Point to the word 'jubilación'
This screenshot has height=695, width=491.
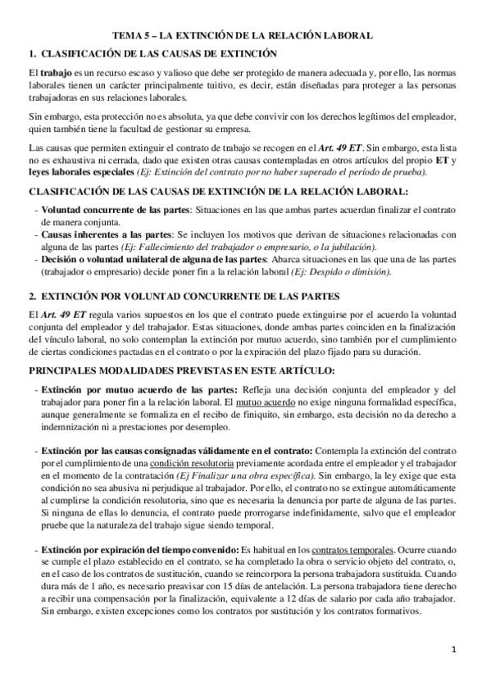pyautogui.click(x=348, y=246)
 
